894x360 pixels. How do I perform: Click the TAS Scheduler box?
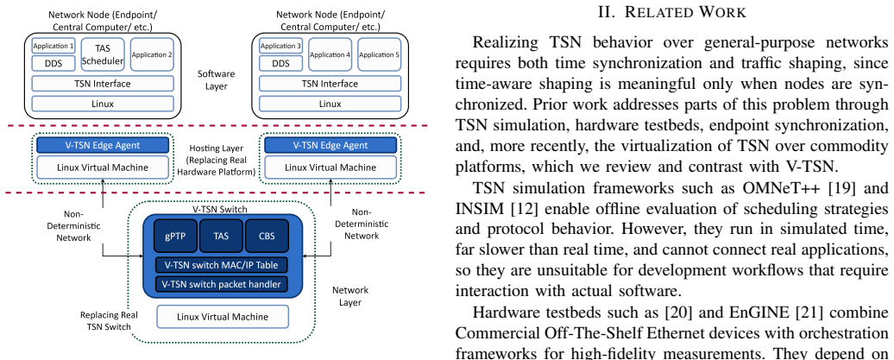103,54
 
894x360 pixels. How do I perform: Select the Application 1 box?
53,46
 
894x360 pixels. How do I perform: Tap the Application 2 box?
152,54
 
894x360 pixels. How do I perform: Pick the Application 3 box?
280,46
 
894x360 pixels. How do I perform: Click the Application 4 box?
331,54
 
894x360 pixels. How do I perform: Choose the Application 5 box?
379,54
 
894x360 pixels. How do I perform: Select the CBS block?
267,235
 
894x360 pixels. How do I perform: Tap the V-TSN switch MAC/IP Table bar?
221,265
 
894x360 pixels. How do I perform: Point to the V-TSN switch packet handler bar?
221,283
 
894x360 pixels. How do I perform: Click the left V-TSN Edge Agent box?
103,145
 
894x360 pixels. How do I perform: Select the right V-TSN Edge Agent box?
331,145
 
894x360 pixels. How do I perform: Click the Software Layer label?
216,80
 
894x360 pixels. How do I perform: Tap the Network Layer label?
350,296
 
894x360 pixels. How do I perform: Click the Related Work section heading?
672,12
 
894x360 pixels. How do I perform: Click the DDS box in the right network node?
280,63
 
